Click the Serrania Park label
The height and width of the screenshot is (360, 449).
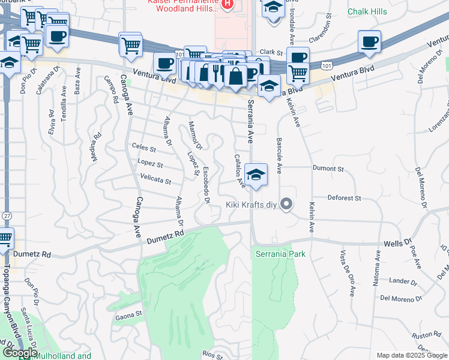tap(280, 254)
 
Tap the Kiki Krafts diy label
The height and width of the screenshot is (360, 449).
tap(251, 205)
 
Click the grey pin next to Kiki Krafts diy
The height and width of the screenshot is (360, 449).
tap(286, 205)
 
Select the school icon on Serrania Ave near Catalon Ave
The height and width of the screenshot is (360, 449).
tap(256, 175)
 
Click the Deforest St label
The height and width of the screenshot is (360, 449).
tap(344, 197)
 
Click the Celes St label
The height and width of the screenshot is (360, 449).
tap(144, 148)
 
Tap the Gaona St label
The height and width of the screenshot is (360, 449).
tap(128, 314)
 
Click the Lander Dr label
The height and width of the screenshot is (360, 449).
tap(402, 281)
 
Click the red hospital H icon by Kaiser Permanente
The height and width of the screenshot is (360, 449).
tap(226, 6)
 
